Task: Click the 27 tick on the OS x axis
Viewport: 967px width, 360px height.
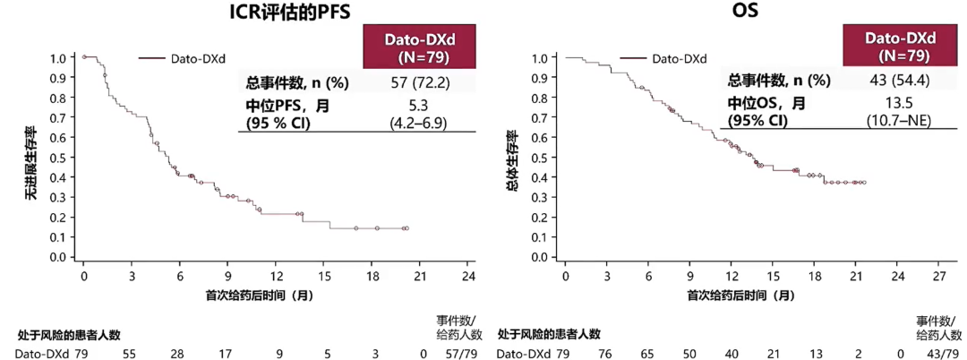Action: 940,274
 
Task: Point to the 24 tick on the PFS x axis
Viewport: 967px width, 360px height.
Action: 469,274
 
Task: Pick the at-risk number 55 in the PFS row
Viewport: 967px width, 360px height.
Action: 130,354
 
